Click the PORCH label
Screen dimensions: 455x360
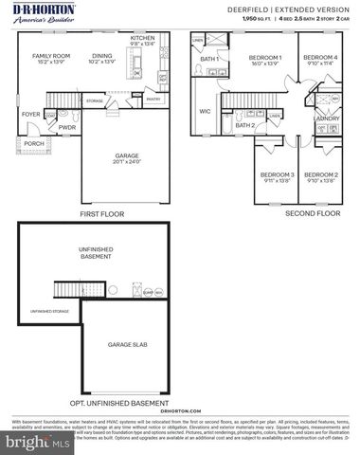click(34, 144)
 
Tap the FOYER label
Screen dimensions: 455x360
click(31, 115)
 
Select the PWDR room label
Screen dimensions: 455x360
click(67, 126)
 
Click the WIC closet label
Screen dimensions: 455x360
click(205, 110)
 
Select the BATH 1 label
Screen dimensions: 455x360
click(209, 60)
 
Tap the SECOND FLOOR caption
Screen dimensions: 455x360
click(312, 214)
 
